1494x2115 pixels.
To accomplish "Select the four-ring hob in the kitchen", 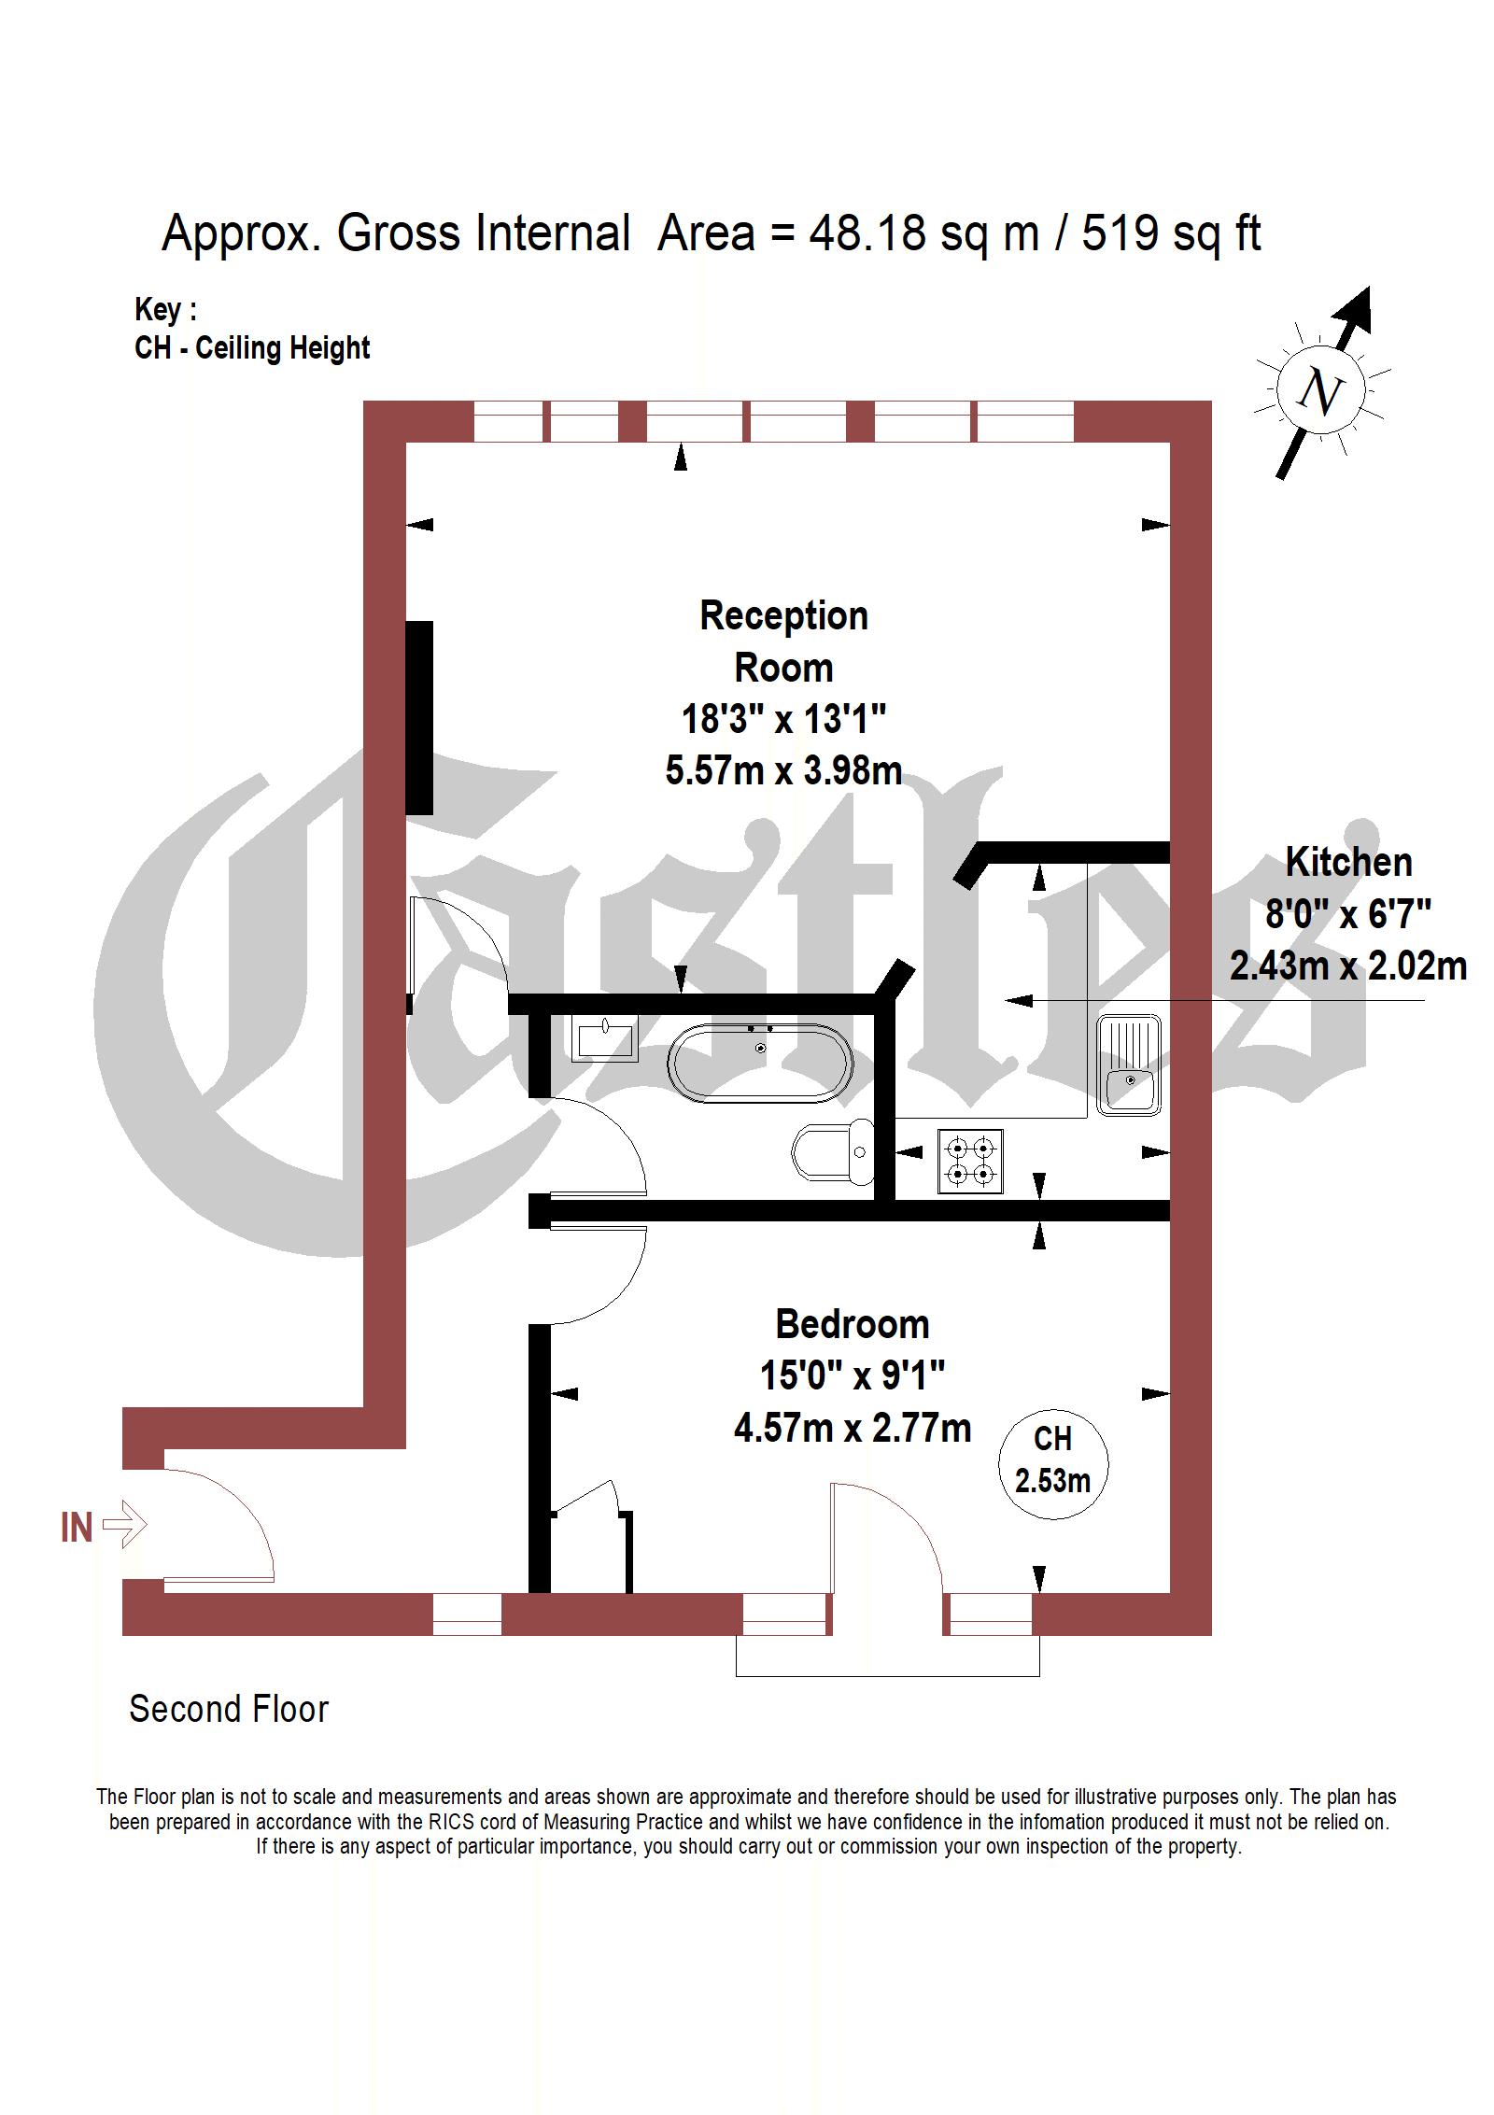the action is [970, 1160].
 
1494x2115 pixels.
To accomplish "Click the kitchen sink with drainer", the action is [1128, 1064].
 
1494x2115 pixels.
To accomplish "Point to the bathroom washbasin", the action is [605, 1038].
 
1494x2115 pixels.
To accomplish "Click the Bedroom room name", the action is [852, 1324].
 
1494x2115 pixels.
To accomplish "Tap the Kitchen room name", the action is [1347, 862].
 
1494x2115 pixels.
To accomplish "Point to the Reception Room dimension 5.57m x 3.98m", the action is [783, 771].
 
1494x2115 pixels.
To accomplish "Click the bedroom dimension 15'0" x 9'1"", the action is [852, 1375].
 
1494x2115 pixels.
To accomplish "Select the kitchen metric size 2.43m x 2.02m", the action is [1347, 966].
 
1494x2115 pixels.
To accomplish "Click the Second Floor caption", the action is [229, 1710].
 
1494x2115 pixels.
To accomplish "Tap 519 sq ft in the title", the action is [1171, 232].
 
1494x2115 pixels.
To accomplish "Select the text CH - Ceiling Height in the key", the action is [252, 347].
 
